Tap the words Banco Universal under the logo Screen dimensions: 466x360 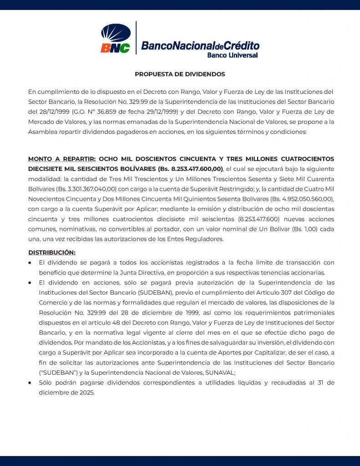(232, 55)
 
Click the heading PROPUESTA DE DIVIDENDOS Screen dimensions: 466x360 (180, 74)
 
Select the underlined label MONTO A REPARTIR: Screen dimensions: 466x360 (62, 159)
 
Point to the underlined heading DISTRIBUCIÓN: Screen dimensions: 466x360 (52, 252)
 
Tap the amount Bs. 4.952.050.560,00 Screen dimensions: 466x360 (299, 198)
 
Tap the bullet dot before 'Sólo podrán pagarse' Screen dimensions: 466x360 (30, 383)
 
